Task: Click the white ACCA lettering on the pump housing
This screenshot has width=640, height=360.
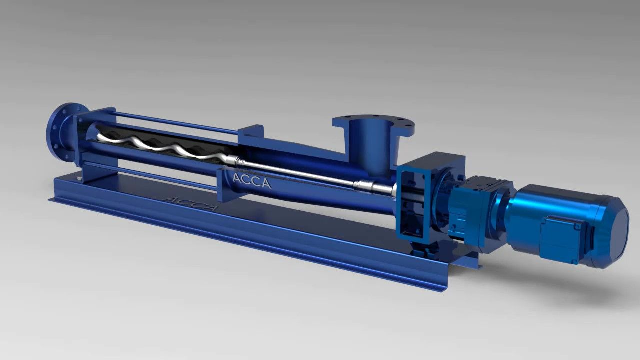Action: [x=252, y=181]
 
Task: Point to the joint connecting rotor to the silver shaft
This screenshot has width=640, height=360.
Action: [x=235, y=160]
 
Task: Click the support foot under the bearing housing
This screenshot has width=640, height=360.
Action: [x=420, y=250]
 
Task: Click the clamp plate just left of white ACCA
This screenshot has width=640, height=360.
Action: [x=223, y=185]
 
